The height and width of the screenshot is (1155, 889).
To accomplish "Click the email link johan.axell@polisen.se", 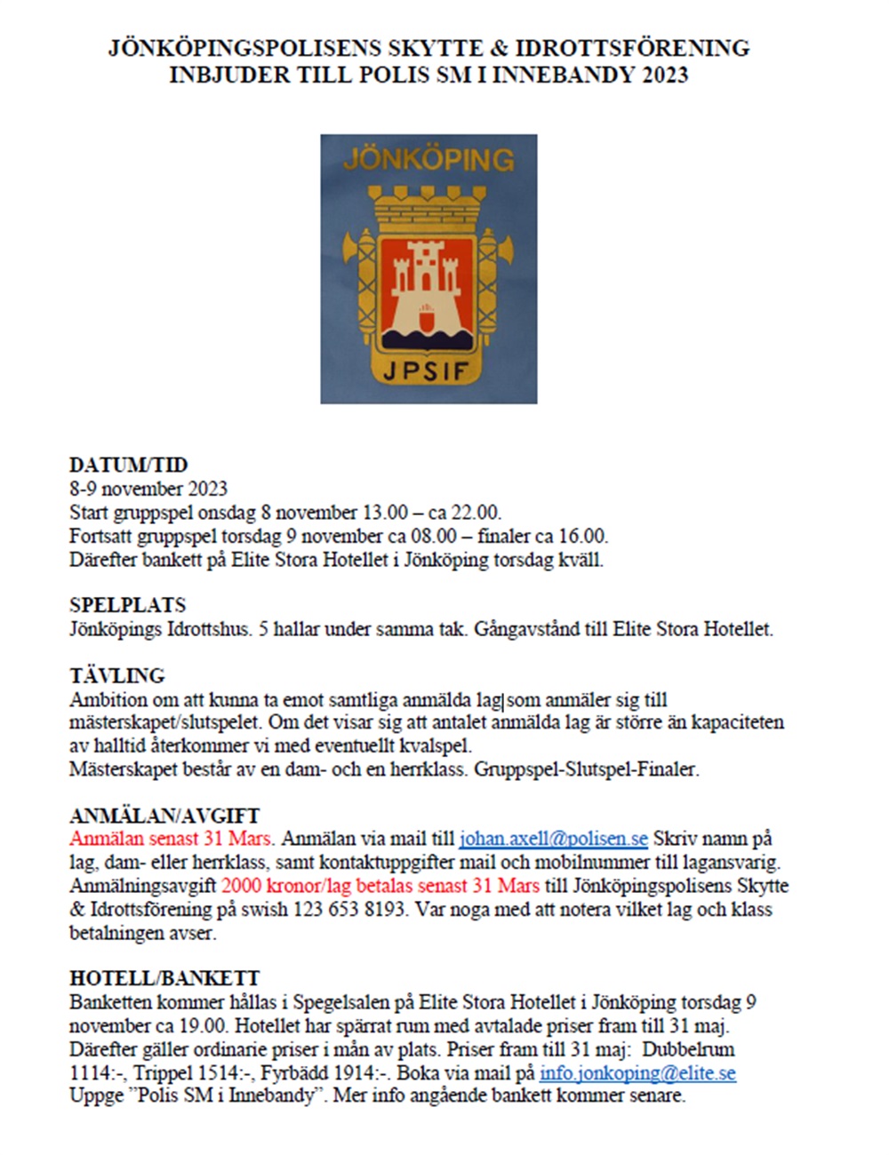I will [553, 839].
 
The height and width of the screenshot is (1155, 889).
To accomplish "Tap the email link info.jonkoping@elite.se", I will [637, 1073].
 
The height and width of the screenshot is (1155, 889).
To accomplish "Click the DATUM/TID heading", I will [129, 465].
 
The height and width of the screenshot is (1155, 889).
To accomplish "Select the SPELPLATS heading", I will [128, 605].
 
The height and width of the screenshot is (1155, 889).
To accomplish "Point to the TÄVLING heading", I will [117, 675].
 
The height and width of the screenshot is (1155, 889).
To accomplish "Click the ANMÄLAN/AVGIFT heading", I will [164, 816].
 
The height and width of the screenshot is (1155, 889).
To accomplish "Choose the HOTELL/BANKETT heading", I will [164, 979].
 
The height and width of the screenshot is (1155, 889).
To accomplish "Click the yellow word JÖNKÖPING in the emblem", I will [428, 160].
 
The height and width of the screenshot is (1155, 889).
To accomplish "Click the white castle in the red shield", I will [427, 280].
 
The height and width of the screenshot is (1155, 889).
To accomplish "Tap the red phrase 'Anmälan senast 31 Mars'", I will [172, 839].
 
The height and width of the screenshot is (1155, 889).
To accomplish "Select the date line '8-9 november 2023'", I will [148, 489].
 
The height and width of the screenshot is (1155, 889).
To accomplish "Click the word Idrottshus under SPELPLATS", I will [208, 630].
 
